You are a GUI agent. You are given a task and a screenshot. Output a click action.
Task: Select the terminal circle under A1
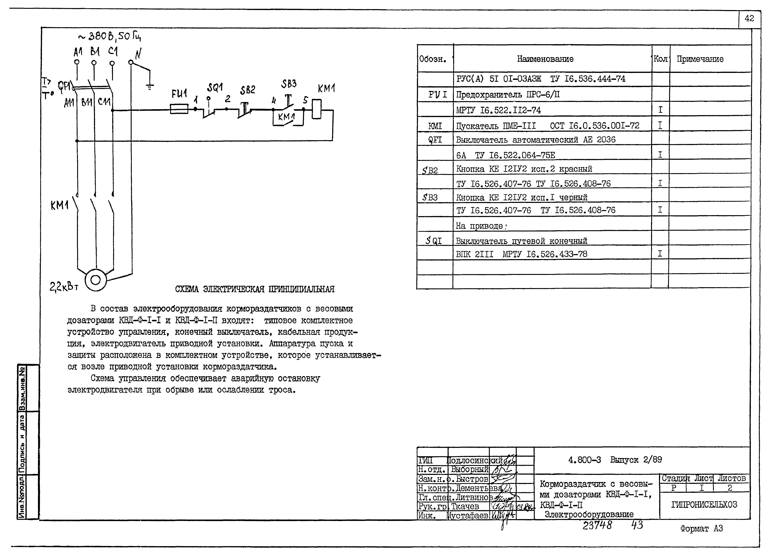77,62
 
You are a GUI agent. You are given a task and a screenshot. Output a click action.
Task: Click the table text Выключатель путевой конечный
521,241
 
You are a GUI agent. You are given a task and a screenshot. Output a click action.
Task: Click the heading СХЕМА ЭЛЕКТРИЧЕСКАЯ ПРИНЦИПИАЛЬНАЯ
255,289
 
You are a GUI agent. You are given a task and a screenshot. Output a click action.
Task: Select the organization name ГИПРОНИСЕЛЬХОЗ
704,504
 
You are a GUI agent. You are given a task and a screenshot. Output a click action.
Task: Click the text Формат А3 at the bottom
701,529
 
